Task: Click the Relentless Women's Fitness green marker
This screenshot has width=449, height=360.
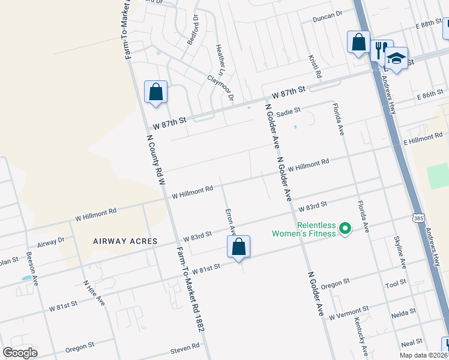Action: pyautogui.click(x=345, y=229)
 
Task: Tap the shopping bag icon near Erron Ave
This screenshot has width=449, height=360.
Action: pyautogui.click(x=238, y=247)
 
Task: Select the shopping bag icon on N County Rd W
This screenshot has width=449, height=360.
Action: pyautogui.click(x=155, y=92)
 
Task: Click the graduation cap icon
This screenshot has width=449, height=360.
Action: pyautogui.click(x=396, y=58)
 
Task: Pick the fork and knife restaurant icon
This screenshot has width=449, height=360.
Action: pyautogui.click(x=381, y=50)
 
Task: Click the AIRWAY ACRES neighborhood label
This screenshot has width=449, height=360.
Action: pyautogui.click(x=125, y=241)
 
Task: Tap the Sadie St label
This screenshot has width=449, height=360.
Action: pyautogui.click(x=288, y=111)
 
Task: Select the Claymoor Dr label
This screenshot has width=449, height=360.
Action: pyautogui.click(x=220, y=87)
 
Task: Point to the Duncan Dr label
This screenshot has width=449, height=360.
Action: pyautogui.click(x=327, y=16)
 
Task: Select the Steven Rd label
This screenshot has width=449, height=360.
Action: pyautogui.click(x=184, y=347)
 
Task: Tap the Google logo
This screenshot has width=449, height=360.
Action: pyautogui.click(x=20, y=353)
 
